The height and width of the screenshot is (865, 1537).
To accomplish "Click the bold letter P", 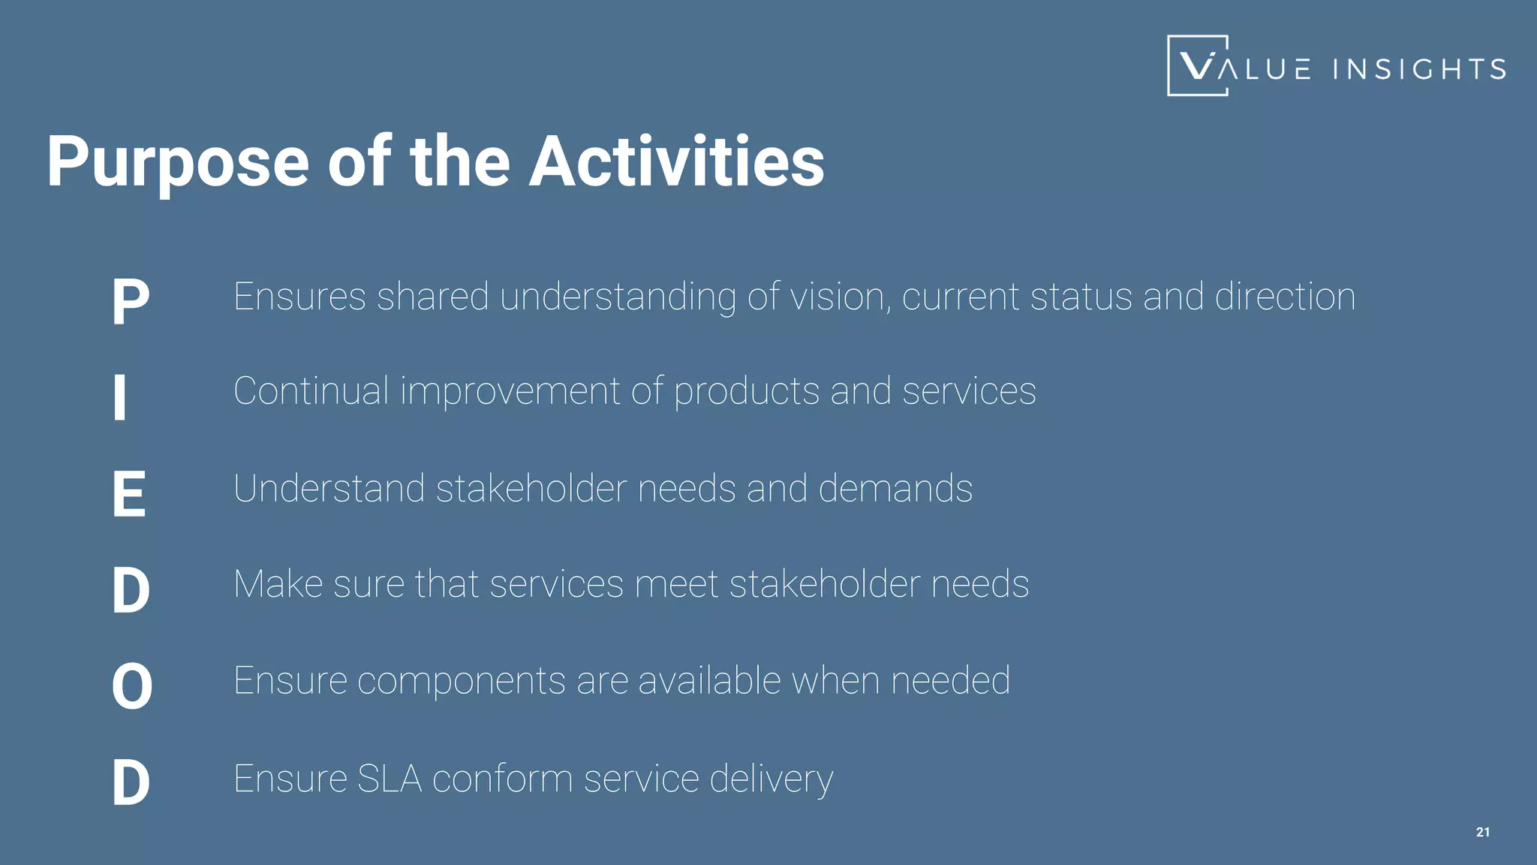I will point(131,302).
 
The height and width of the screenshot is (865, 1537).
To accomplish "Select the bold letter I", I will point(119,398).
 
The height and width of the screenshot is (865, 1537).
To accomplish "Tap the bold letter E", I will point(129,494).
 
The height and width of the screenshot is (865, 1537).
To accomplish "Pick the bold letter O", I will point(132,686).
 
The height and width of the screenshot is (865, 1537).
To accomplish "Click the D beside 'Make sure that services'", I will point(131,590).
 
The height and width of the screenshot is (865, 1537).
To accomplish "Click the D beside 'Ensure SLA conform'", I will point(131,782).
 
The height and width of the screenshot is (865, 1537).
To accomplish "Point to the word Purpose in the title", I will point(178,162).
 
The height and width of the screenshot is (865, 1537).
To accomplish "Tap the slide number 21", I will point(1483,832).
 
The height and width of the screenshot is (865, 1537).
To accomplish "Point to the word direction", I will point(1285,297).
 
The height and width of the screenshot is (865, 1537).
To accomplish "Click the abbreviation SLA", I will point(389,779).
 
